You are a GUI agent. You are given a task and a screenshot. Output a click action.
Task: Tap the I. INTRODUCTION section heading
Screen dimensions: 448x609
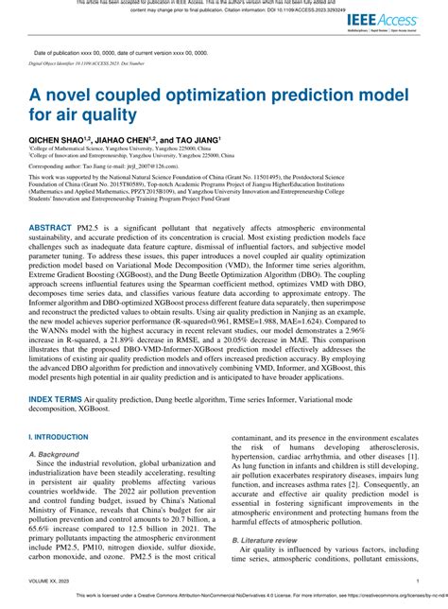pos(60,438)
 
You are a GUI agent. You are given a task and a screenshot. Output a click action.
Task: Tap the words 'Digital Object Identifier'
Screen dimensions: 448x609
pos(59,65)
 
